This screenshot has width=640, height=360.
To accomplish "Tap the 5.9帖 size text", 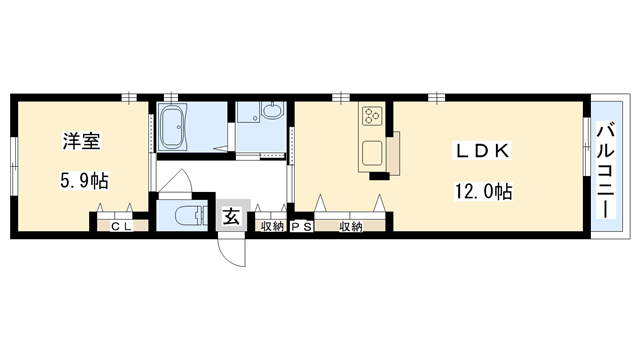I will tap(82, 181).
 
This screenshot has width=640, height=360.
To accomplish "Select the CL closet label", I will tap(122, 227).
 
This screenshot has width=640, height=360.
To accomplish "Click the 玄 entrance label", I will tap(229, 215).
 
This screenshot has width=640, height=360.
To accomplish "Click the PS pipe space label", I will tap(301, 227).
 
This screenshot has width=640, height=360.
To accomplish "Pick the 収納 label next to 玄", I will tap(271, 227).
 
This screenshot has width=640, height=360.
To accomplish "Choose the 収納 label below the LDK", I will tap(350, 227).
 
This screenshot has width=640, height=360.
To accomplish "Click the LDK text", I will tap(484, 151).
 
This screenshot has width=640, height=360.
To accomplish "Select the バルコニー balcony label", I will tap(605, 169).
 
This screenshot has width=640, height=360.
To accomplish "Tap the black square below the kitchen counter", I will tap(379, 177).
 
